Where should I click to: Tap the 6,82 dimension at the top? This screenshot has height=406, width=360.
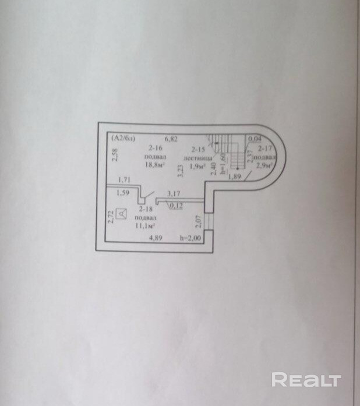[170, 139]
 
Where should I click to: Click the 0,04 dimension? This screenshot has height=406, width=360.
[254, 139]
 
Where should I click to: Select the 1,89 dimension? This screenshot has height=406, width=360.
[235, 177]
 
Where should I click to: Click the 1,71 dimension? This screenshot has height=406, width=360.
[123, 181]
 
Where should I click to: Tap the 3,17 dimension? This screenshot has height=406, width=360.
[173, 194]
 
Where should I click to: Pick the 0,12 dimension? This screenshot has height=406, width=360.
[175, 204]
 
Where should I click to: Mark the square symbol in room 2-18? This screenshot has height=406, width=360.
[122, 214]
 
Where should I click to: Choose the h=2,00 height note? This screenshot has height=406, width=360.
[190, 238]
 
